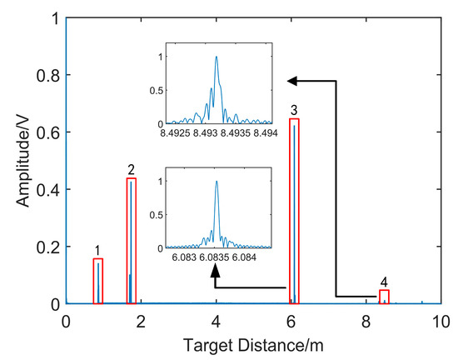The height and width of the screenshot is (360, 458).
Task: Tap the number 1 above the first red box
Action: click(x=97, y=249)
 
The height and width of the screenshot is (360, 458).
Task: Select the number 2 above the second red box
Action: click(x=132, y=169)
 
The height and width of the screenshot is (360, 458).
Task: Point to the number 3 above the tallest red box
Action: click(x=294, y=110)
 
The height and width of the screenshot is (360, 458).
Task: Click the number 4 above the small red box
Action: click(x=383, y=282)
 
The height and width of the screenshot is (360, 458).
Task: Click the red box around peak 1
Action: click(x=98, y=281)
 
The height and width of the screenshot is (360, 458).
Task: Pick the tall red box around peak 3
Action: click(x=293, y=211)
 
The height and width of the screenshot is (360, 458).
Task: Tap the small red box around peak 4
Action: click(x=384, y=297)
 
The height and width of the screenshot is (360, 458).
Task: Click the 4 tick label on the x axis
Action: click(x=217, y=321)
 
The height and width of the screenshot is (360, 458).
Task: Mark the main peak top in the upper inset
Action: click(x=217, y=57)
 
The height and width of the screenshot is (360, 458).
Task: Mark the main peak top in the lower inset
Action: click(x=217, y=182)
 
